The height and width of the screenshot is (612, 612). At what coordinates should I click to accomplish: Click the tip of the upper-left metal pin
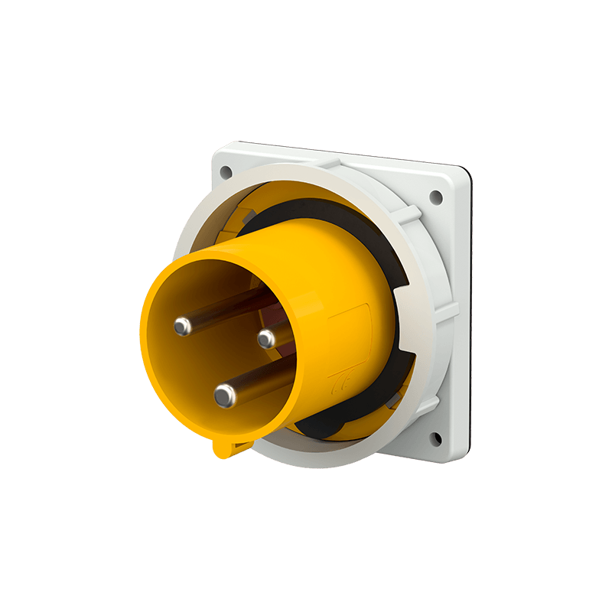(182, 327)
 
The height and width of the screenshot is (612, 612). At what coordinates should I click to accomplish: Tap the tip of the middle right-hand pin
(266, 337)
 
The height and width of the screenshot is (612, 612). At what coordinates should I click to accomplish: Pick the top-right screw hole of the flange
(437, 196)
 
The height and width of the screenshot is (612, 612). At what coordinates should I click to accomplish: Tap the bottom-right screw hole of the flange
(435, 438)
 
